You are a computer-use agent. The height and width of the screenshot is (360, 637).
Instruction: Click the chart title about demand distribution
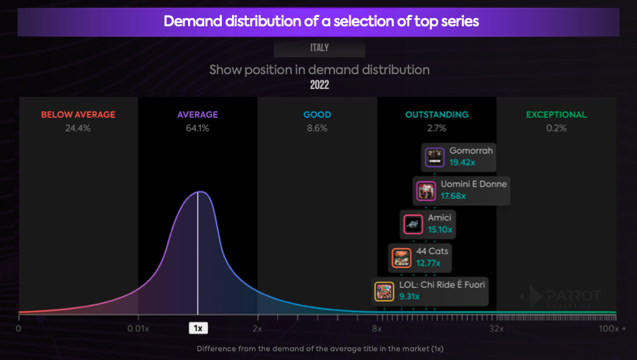[321, 22]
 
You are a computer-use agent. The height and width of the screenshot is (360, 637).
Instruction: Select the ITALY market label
[320, 48]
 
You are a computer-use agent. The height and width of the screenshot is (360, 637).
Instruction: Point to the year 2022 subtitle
[320, 85]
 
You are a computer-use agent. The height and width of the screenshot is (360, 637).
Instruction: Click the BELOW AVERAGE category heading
[78, 115]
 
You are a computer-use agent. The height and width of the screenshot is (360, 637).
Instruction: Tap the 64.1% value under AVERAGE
[198, 128]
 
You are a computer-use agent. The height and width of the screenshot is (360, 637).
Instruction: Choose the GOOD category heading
[317, 115]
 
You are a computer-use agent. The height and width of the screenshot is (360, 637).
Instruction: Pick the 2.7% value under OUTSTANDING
[436, 128]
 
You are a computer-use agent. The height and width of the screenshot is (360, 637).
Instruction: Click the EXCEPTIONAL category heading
[556, 115]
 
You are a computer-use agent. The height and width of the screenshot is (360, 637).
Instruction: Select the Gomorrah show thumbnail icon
[435, 157]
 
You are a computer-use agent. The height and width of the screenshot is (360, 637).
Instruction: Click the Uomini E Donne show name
[474, 184]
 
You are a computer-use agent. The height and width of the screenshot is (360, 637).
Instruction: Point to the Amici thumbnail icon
[413, 224]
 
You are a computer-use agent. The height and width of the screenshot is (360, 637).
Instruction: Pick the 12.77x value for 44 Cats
[429, 264]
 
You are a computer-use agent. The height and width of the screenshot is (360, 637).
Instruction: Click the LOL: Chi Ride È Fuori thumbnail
[384, 291]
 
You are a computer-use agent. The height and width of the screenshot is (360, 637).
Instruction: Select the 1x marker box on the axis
[198, 328]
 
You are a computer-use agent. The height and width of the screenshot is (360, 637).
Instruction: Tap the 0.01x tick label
[138, 328]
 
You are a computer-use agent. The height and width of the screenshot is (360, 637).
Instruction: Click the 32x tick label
[496, 328]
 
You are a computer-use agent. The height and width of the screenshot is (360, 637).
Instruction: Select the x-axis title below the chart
[320, 349]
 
